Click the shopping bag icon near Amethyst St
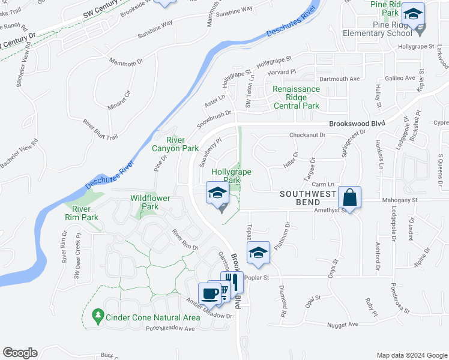point(349,197)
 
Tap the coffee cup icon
point(209,294)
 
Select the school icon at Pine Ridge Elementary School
point(413,14)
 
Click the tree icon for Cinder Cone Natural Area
point(97,316)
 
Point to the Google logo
point(20,353)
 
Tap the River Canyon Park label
point(175,144)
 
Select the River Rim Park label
point(81,213)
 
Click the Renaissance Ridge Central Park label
point(296,97)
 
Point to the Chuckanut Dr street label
point(307,136)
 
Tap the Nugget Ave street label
point(343,325)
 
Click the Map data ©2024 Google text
point(412,355)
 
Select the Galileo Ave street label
point(400,78)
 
